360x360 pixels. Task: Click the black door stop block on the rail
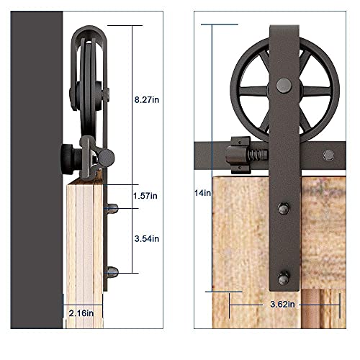tap(233, 154)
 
